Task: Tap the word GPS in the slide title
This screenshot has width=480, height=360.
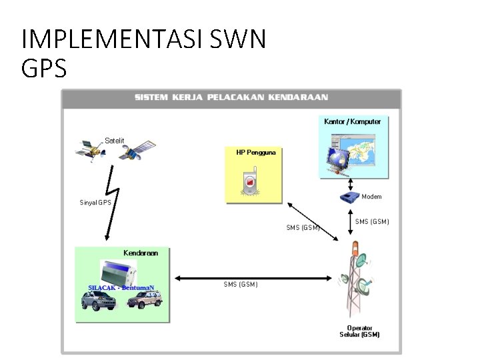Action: pyautogui.click(x=44, y=68)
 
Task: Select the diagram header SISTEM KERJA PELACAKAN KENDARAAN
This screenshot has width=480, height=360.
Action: pyautogui.click(x=231, y=97)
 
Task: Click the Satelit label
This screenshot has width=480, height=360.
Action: pyautogui.click(x=115, y=141)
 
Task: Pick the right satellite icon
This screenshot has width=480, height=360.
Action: pyautogui.click(x=138, y=152)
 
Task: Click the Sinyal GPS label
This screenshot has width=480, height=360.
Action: pyautogui.click(x=95, y=203)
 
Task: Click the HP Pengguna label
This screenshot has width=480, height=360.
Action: pyautogui.click(x=256, y=153)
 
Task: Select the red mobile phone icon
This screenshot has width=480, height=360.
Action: pyautogui.click(x=250, y=181)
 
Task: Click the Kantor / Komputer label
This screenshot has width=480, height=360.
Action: pyautogui.click(x=352, y=122)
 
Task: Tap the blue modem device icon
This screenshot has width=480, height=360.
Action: pyautogui.click(x=349, y=197)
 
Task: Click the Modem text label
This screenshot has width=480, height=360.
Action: pyautogui.click(x=371, y=197)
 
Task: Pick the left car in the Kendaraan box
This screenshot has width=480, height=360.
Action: pyautogui.click(x=99, y=301)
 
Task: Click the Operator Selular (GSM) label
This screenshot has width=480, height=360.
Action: pyautogui.click(x=359, y=331)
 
